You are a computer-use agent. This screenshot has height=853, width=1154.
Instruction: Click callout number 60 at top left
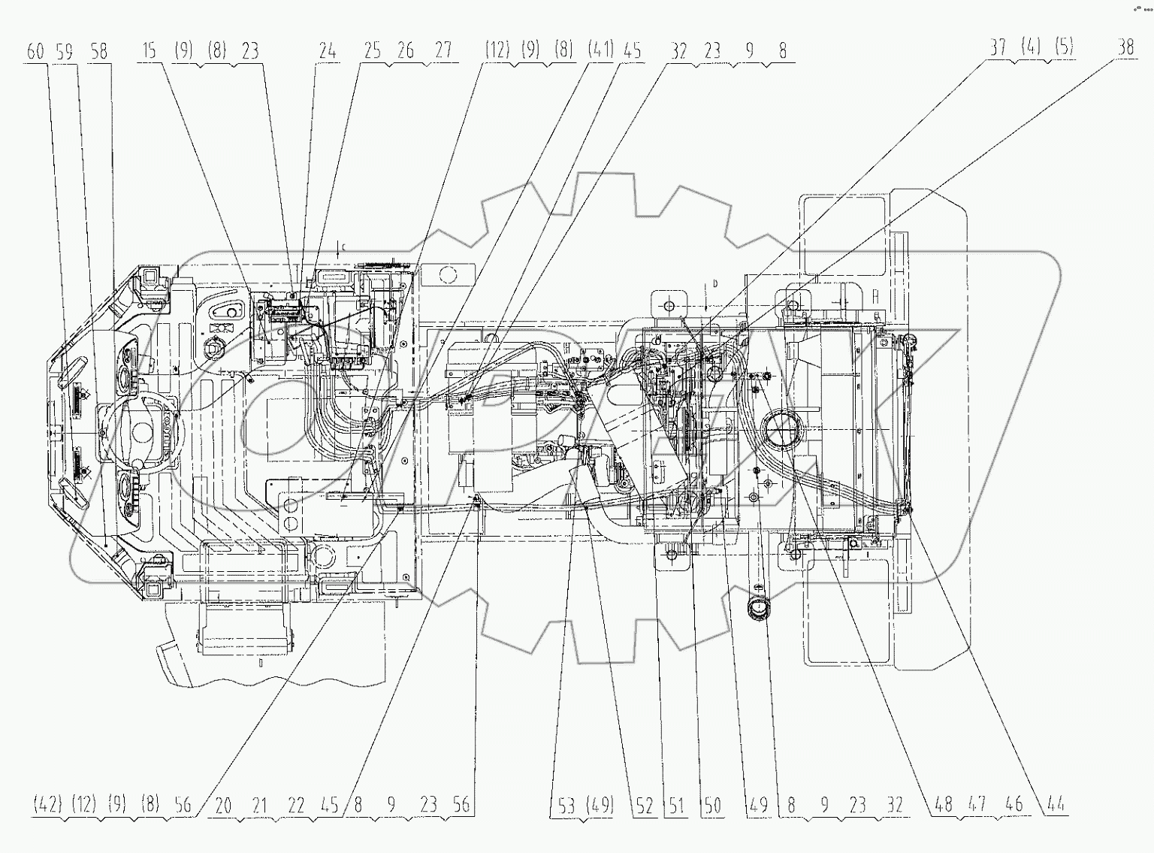35,51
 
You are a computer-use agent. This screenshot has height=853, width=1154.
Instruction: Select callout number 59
65,51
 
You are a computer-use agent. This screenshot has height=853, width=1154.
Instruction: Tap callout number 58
98,51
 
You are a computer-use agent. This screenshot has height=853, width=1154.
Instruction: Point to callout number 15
149,51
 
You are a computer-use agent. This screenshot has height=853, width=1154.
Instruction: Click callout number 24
328,51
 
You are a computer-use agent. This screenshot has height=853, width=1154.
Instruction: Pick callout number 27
443,51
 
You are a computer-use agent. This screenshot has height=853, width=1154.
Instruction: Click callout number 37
997,47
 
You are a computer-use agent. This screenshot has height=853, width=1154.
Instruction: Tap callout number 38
1124,47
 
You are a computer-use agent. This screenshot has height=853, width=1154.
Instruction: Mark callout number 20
223,805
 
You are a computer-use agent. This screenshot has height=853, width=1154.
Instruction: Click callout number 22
296,805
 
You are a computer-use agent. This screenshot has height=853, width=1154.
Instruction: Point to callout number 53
567,806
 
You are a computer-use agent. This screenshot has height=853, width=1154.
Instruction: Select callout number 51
676,806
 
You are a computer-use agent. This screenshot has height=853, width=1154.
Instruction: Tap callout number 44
1055,805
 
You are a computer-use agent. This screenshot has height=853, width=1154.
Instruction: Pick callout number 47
977,805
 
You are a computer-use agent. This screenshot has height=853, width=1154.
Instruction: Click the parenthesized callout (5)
1063,47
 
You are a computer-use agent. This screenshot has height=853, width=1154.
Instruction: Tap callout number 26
406,51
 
